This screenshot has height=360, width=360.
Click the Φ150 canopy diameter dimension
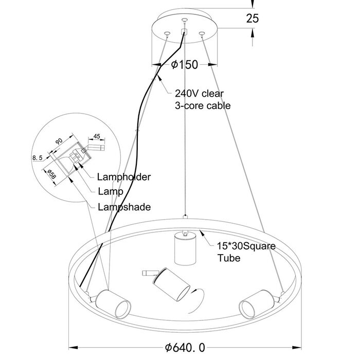[184, 65]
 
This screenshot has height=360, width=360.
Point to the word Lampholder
[123, 177]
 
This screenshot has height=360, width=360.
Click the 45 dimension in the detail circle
[97, 137]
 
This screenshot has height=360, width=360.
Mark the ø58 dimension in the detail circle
[50, 174]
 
